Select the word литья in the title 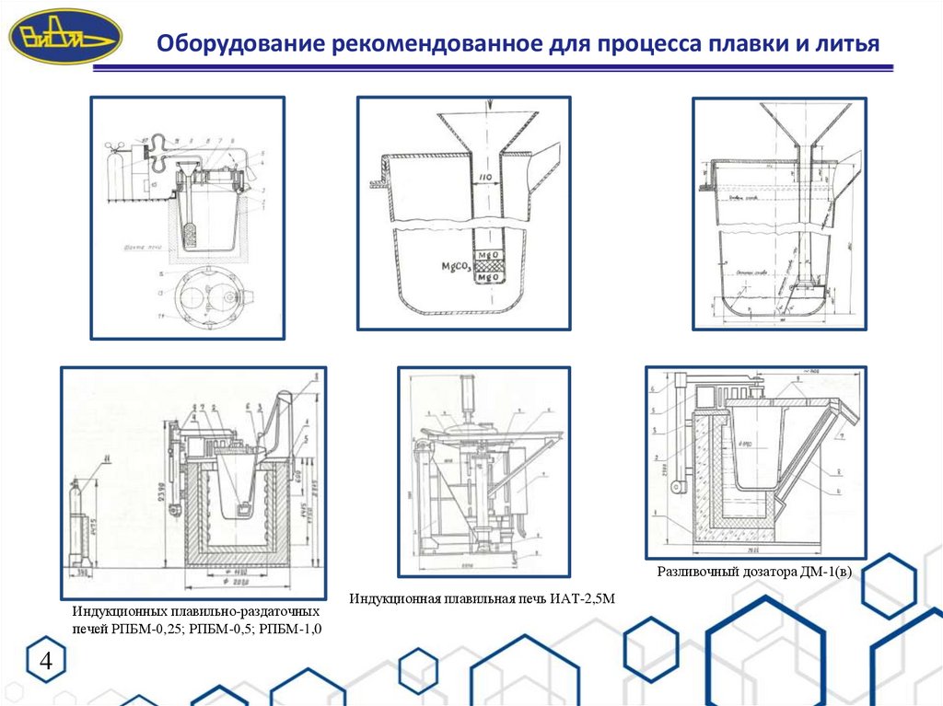(845, 43)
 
